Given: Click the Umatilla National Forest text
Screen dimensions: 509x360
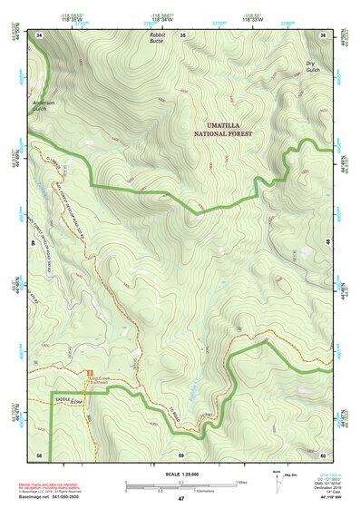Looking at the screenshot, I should pyautogui.click(x=222, y=129).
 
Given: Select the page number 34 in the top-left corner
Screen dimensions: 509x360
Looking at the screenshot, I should pyautogui.click(x=40, y=34).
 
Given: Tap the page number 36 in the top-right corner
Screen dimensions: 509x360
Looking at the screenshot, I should pyautogui.click(x=323, y=34).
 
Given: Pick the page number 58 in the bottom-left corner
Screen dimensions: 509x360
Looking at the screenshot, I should pyautogui.click(x=40, y=454).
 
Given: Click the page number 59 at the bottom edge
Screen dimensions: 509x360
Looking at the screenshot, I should pyautogui.click(x=181, y=454).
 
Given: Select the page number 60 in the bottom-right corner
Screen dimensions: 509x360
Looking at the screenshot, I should pyautogui.click(x=323, y=454).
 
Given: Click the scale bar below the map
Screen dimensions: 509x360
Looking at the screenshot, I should pyautogui.click(x=180, y=485).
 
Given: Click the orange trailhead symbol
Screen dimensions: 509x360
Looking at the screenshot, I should pyautogui.click(x=88, y=374).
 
